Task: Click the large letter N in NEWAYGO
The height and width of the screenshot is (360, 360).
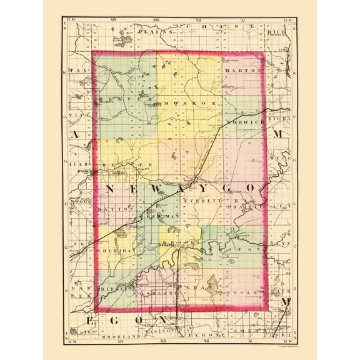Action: [110, 188]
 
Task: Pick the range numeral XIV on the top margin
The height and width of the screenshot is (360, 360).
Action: [113, 21]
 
